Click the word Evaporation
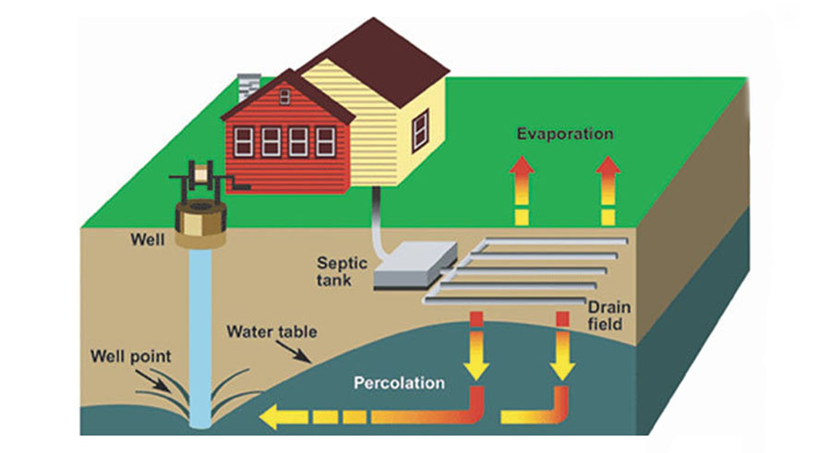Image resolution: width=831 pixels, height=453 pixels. pyautogui.click(x=565, y=134)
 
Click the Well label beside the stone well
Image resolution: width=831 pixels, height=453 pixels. pyautogui.click(x=148, y=240)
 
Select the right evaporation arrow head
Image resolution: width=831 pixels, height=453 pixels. pyautogui.click(x=607, y=166)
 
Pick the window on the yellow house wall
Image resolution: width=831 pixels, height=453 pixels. pyautogui.click(x=420, y=125)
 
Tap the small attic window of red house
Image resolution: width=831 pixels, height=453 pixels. pyautogui.click(x=284, y=94)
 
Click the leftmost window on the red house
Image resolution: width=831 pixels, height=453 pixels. pyautogui.click(x=244, y=140)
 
